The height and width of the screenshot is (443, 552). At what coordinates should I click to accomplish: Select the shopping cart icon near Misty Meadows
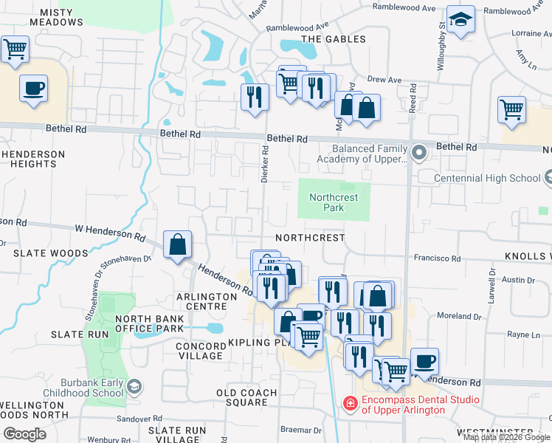point(15,49)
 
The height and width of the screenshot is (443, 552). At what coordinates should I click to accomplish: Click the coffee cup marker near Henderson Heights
point(34,89)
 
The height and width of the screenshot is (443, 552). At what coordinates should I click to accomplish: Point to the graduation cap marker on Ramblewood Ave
point(461,21)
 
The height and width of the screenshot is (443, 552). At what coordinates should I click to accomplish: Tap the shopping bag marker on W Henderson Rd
point(178,244)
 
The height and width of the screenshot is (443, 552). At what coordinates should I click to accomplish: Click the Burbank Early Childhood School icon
point(134,385)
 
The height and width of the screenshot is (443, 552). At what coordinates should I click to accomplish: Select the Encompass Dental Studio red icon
point(350,404)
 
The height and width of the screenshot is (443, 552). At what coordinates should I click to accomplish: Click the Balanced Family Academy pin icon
point(419,153)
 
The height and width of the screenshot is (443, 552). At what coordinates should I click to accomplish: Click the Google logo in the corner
point(24,433)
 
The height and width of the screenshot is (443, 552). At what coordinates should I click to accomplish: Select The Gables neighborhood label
point(333,39)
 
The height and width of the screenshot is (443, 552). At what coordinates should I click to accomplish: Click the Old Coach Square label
point(246,397)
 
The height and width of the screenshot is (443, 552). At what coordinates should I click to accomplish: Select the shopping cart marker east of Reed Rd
point(511,110)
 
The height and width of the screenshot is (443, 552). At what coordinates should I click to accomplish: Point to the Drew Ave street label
point(384,80)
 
